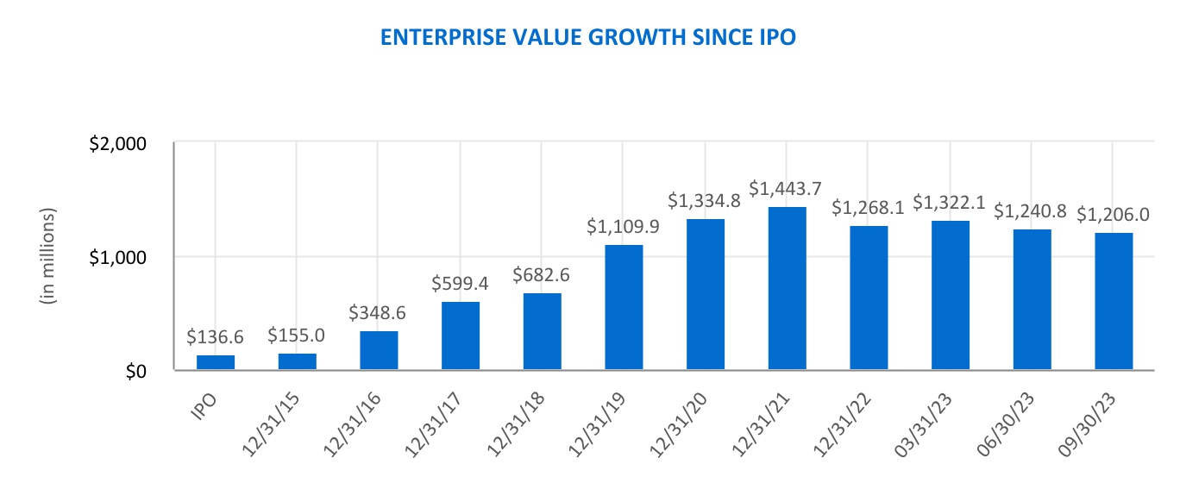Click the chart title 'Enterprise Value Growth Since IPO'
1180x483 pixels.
[x=588, y=39]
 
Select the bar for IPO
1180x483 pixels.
[x=215, y=363]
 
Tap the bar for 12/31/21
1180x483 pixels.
[x=787, y=289]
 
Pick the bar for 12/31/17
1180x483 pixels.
[x=460, y=336]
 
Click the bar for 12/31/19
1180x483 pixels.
[x=624, y=308]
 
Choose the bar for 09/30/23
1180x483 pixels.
[x=1114, y=302]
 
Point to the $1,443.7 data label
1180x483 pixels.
[x=787, y=187]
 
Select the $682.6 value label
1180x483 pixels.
[x=542, y=275]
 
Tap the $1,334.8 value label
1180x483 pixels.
[x=705, y=200]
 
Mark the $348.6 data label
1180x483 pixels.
[x=378, y=312]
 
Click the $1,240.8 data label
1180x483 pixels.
[x=1032, y=210]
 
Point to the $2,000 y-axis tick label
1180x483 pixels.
[x=119, y=143]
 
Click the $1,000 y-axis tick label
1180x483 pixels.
[x=119, y=257]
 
